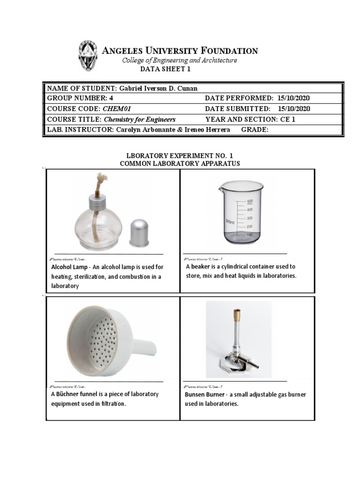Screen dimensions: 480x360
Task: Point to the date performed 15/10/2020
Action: click(x=293, y=98)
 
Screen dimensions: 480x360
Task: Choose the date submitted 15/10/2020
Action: click(x=293, y=109)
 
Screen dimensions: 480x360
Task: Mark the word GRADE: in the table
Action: click(x=255, y=130)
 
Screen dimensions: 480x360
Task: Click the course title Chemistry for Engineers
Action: click(x=139, y=119)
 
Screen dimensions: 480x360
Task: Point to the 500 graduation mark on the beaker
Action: click(x=250, y=201)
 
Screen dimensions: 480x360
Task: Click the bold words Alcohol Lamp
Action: click(x=69, y=267)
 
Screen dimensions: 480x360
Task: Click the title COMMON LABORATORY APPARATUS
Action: click(x=180, y=163)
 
